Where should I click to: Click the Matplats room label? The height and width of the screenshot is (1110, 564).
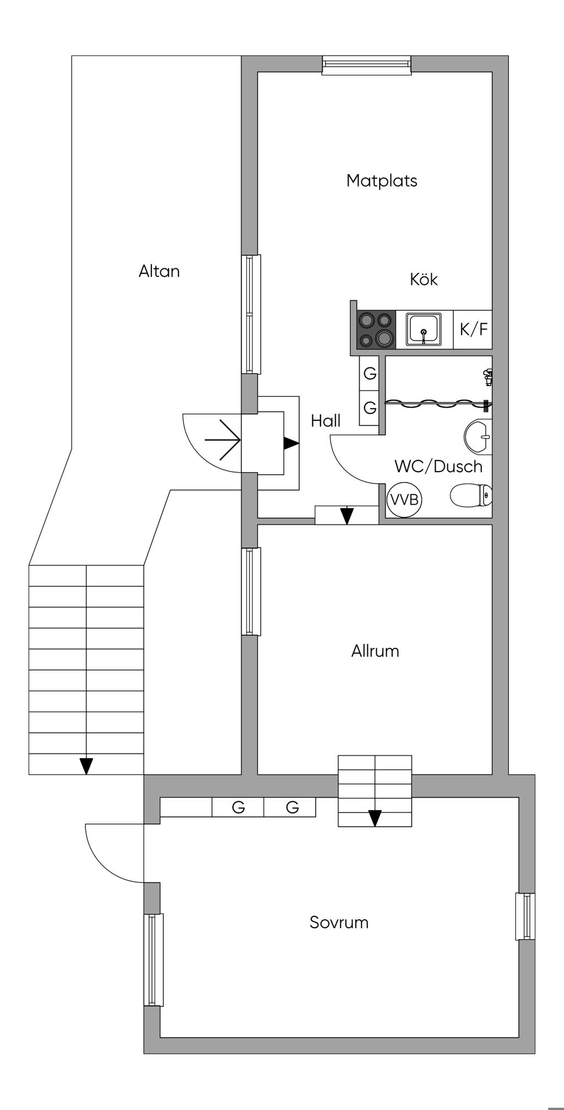(382, 181)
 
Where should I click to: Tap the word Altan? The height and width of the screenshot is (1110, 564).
(159, 271)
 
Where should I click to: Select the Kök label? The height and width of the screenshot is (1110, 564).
(424, 279)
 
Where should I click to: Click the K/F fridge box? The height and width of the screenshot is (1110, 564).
(473, 329)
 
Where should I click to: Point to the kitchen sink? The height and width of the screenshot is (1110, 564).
(424, 329)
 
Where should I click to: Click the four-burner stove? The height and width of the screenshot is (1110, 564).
(376, 329)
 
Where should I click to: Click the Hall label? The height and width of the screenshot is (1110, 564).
(326, 421)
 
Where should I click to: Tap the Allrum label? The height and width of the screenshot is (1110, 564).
(375, 651)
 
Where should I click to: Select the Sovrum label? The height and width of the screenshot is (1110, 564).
(339, 922)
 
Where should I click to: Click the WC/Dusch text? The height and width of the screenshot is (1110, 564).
(438, 467)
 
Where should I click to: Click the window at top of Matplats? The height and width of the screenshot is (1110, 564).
(367, 65)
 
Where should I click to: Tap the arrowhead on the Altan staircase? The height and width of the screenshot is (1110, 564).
(86, 766)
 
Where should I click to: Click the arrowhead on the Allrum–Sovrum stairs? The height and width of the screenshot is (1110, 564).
(375, 818)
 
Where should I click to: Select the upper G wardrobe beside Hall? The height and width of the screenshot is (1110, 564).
(370, 373)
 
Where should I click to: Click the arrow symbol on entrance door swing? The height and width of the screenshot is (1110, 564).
(223, 440)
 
